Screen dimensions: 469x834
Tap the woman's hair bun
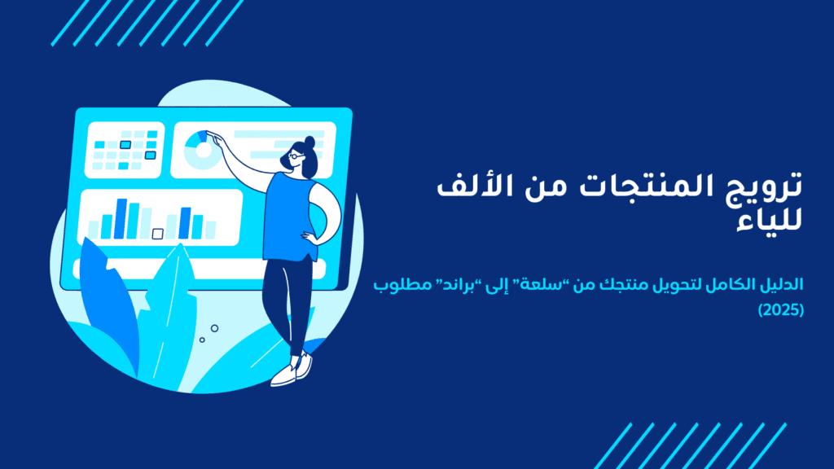click(x=309, y=142)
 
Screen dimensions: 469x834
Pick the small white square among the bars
click(x=157, y=234)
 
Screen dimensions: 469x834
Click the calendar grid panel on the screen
click(x=125, y=149)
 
